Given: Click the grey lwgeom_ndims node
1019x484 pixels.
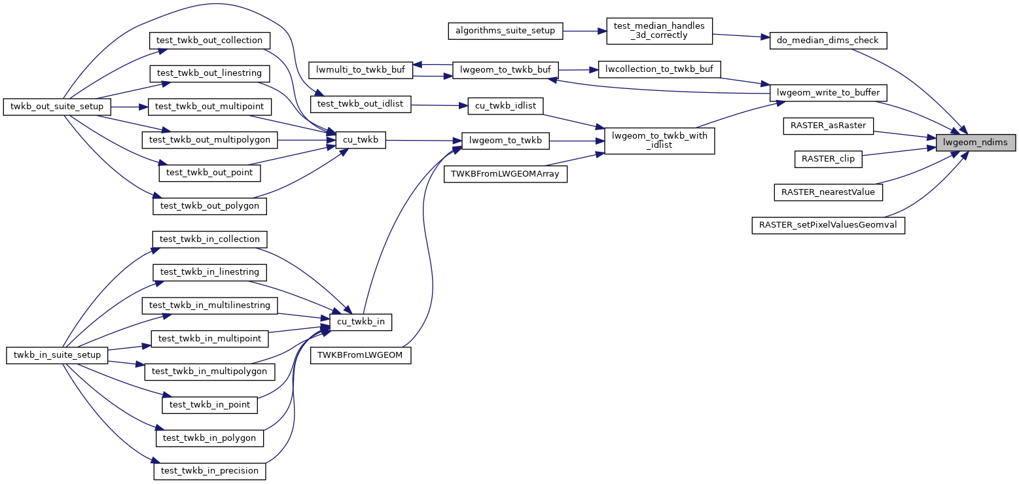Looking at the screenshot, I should (x=975, y=142).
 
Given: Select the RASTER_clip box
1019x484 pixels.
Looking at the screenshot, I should (x=828, y=158).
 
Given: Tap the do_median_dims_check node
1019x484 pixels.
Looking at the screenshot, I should (x=828, y=41).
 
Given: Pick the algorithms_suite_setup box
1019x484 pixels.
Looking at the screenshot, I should (x=505, y=31).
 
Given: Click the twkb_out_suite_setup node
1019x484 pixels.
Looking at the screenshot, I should (x=57, y=106).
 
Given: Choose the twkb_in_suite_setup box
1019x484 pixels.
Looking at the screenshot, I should (x=57, y=354).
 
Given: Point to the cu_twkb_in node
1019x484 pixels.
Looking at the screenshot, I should (x=361, y=322).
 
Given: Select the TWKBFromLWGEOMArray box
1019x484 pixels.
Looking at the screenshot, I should (x=505, y=174).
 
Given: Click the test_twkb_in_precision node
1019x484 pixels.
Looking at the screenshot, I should (x=209, y=470).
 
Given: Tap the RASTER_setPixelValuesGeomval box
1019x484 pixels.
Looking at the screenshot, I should (x=828, y=225).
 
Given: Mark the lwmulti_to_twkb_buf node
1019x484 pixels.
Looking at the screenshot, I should (x=361, y=70).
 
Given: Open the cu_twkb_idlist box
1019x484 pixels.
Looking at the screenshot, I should (x=505, y=105).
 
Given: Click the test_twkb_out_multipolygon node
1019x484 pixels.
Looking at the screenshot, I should (x=209, y=139).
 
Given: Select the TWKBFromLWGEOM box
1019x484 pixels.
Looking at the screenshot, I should (x=361, y=355).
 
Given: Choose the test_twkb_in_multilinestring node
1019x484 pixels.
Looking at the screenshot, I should (x=209, y=305).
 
